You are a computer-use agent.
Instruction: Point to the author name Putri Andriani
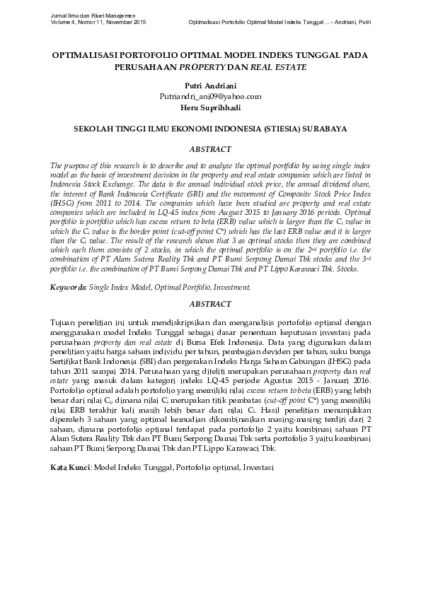coord(210,86)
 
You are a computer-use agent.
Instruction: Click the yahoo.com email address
coord(210,96)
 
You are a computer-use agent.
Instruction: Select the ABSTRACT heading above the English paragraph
coord(210,150)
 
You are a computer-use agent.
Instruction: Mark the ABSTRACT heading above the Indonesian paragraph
coord(210,305)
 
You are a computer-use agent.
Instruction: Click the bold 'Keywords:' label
coord(68,288)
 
